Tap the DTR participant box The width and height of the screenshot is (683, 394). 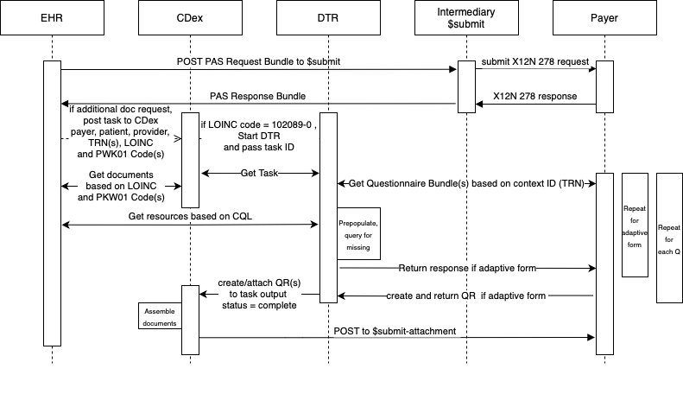(328, 18)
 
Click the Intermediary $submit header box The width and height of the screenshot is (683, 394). (466, 18)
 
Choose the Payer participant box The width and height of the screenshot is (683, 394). (604, 18)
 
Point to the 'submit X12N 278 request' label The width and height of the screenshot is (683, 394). (535, 60)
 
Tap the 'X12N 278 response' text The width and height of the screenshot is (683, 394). (535, 95)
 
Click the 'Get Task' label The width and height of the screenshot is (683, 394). (259, 173)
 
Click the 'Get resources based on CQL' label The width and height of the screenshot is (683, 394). (190, 216)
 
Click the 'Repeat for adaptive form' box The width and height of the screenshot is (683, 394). (635, 225)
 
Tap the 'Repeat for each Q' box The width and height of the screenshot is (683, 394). (669, 238)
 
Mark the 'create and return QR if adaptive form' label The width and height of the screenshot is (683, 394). (466, 295)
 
